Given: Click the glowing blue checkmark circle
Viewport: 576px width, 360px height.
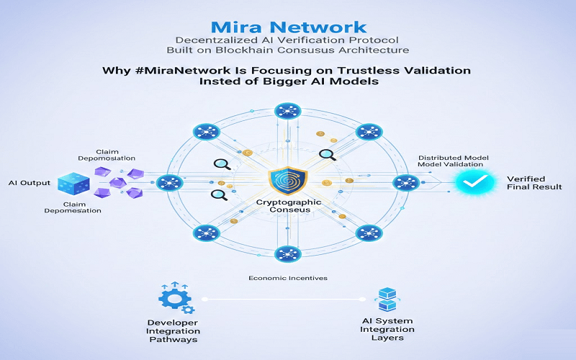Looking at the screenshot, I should (x=472, y=184).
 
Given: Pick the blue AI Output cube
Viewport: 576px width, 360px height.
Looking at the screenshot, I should (x=73, y=184).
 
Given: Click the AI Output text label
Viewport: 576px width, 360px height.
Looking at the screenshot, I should (x=30, y=183).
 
